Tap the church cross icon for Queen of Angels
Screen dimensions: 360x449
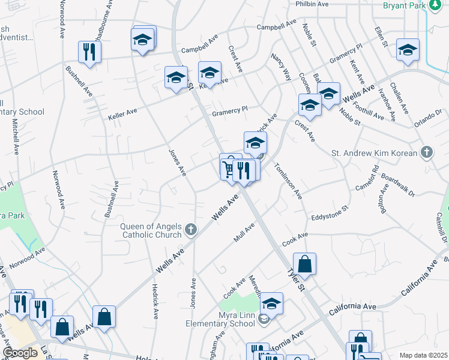pos(190,229)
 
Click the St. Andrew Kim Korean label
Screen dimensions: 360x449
pos(374,153)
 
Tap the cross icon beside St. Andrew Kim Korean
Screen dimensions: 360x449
pos(426,152)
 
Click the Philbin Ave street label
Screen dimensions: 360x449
pos(312,4)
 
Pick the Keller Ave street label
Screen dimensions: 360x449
pos(122,111)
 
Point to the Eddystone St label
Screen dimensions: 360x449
pos(330,214)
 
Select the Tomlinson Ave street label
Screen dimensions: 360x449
pos(289,180)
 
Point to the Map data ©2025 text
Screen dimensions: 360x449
pos(423,355)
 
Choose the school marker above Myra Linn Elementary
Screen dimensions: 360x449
pos(271,304)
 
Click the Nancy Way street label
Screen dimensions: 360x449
pos(280,67)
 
